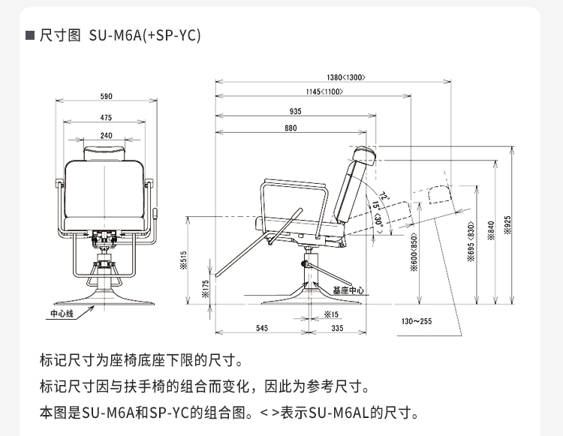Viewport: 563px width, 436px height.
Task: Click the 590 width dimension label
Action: click(106, 96)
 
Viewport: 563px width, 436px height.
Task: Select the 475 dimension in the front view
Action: click(106, 118)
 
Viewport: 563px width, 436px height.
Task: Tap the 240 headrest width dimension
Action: click(106, 136)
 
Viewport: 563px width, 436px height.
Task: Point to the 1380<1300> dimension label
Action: click(346, 77)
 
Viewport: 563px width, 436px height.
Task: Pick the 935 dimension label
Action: click(295, 111)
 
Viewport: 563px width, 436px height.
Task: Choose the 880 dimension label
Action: click(291, 128)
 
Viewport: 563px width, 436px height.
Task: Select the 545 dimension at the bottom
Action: click(262, 328)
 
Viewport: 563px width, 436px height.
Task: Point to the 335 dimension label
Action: click(337, 328)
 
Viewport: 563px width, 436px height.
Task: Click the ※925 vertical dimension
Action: click(507, 225)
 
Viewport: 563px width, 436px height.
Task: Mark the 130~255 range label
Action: click(417, 321)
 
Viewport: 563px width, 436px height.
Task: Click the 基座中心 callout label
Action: click(348, 289)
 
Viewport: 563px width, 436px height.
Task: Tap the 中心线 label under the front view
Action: click(62, 313)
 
